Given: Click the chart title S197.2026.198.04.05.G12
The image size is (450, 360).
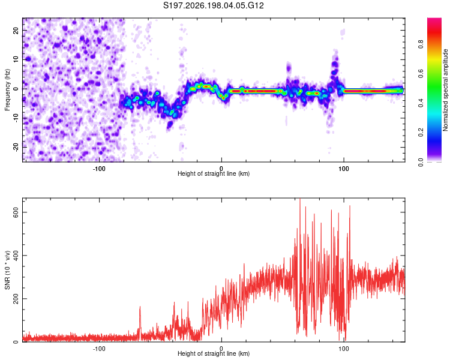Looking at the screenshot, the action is [213, 5].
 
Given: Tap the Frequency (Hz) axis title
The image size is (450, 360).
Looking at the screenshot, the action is [7, 90].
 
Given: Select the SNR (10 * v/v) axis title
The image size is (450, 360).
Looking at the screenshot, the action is [7, 270].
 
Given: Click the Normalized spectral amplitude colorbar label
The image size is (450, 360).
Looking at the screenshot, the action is [445, 90].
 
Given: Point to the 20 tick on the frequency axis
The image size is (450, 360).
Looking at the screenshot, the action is [16, 30].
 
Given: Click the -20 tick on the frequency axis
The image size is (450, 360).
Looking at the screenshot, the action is [16, 147].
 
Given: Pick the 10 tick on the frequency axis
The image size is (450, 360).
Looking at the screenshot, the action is [16, 59].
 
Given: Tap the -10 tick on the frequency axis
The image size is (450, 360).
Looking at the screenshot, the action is [16, 118].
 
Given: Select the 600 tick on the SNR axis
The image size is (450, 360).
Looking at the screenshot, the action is [16, 212].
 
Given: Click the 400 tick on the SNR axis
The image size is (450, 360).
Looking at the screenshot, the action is [16, 256].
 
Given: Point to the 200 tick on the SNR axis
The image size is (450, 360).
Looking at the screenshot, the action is [16, 299].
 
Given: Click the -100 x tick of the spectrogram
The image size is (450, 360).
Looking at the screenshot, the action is [99, 169].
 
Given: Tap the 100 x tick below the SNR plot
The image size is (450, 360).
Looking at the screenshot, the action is [344, 349].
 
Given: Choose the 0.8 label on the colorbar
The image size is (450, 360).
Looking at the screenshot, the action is [421, 44].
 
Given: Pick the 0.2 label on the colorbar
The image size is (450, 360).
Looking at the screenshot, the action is [421, 133].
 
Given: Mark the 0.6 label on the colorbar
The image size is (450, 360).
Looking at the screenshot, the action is [421, 73].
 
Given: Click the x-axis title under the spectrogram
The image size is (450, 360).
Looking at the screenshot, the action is [214, 173].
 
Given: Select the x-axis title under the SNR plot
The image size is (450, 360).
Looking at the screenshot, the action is [214, 353].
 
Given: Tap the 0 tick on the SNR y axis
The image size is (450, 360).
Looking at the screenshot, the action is [16, 341].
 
